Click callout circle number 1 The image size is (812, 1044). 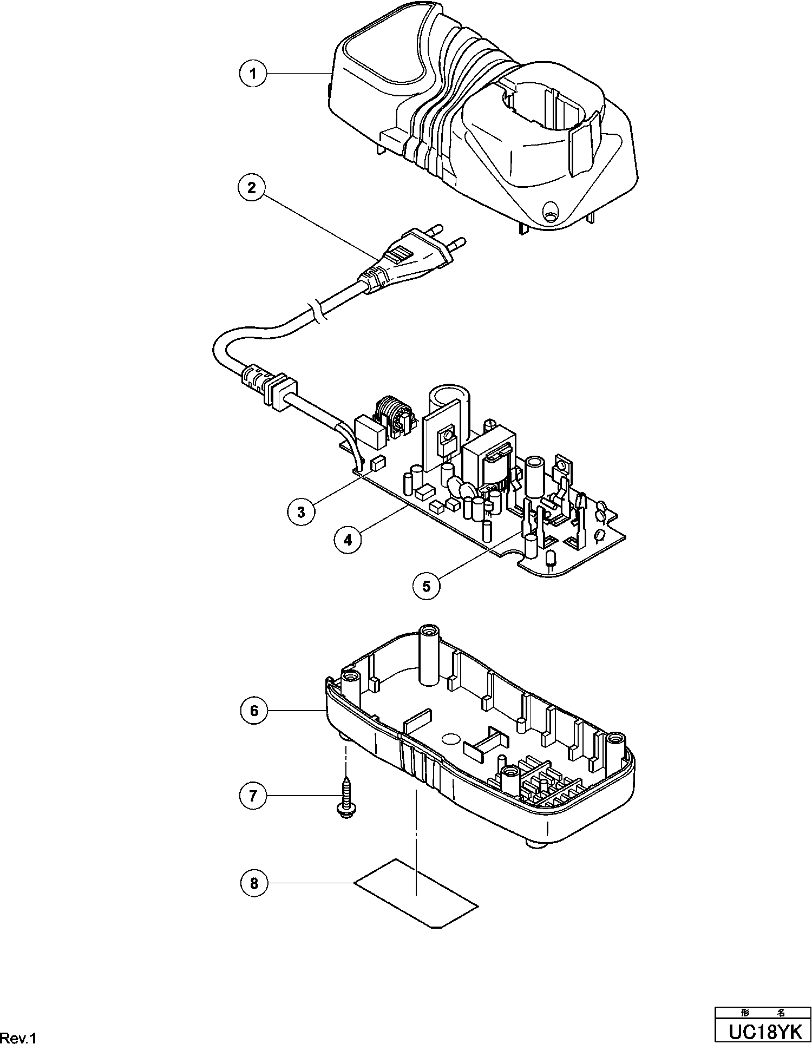(253, 73)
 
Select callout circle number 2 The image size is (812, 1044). (252, 188)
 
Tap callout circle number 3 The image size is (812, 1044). (302, 511)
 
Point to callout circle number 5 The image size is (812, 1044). (427, 586)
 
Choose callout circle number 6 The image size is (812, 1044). (254, 710)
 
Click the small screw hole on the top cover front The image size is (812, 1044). (551, 211)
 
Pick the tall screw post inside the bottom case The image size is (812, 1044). (429, 658)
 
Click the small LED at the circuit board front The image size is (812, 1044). (551, 560)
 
